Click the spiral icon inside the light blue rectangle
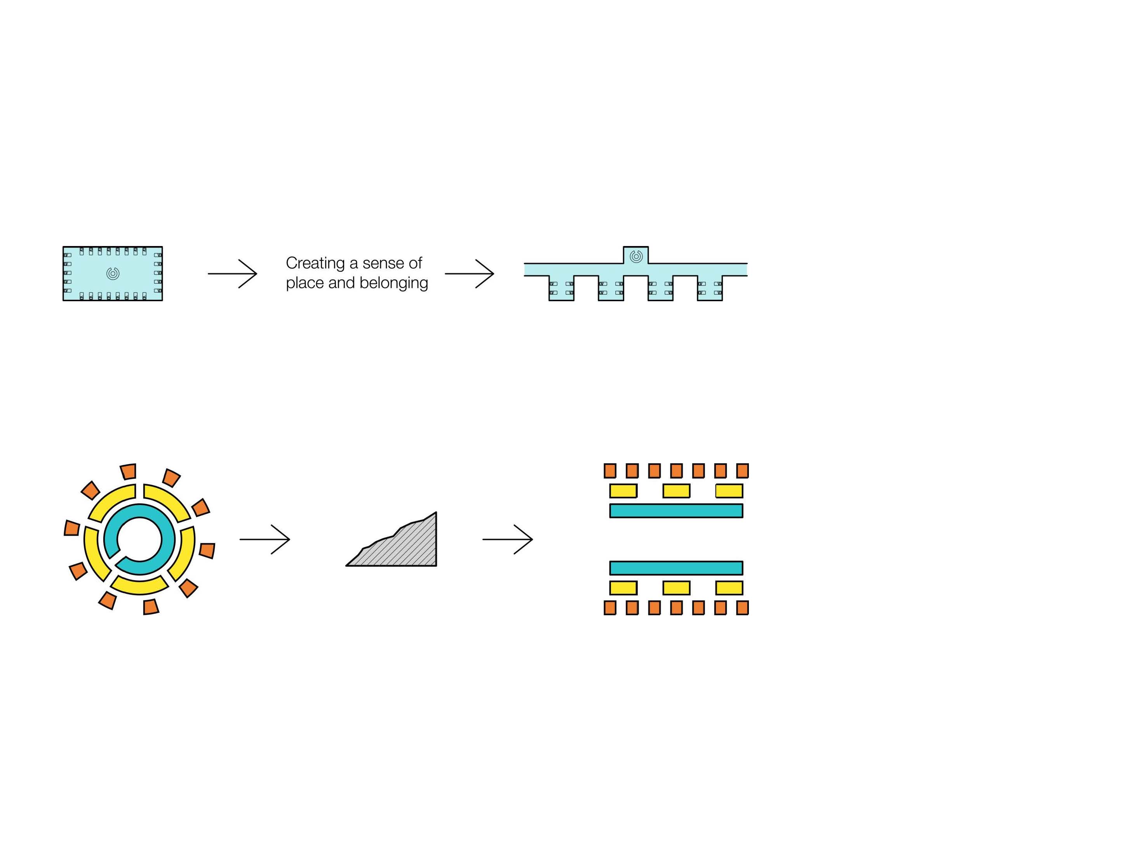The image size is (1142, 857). coord(113,273)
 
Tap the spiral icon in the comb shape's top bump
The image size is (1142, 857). coord(636,256)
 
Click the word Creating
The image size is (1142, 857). coord(315,264)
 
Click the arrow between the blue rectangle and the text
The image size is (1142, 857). coord(232,273)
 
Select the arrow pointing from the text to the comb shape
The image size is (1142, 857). coord(469,273)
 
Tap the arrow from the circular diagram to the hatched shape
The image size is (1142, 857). coord(265,539)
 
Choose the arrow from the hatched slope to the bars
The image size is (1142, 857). coord(508,539)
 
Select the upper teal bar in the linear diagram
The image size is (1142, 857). coord(676,510)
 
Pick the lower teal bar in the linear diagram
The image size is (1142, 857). coord(676,568)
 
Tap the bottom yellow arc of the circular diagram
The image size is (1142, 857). coord(139,585)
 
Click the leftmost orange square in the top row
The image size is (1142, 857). coord(610,471)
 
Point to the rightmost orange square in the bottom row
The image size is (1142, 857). coord(742,607)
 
